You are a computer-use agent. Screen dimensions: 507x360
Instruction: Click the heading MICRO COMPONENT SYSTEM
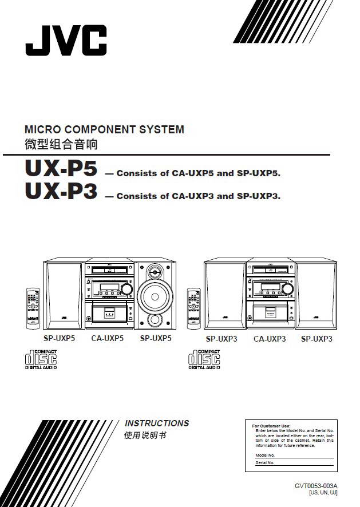[x=104, y=129]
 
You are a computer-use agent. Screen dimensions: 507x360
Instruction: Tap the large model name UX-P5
[x=61, y=168]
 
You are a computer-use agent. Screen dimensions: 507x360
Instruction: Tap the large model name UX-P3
[x=61, y=192]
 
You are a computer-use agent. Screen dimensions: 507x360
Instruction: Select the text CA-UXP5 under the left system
[x=108, y=338]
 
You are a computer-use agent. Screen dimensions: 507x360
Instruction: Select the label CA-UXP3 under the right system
[x=270, y=339]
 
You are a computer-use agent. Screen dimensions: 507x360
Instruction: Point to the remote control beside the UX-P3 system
[x=194, y=307]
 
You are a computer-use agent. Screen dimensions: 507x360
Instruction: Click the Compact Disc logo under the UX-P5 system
[x=41, y=359]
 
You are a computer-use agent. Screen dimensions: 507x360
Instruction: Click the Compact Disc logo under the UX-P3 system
[x=204, y=359]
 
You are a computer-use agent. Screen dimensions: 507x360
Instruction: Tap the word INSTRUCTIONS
[x=157, y=423]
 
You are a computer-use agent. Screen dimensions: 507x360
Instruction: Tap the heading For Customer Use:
[x=271, y=426]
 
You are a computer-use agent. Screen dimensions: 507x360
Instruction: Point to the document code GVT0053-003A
[x=316, y=486]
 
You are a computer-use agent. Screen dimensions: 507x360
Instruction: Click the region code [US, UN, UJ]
[x=323, y=493]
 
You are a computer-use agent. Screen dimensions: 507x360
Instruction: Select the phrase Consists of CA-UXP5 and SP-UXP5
[x=198, y=173]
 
